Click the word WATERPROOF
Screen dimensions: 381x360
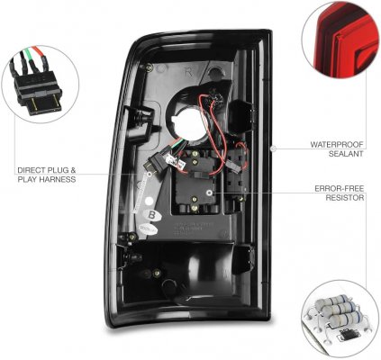point(337,144)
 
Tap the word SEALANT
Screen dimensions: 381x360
point(346,154)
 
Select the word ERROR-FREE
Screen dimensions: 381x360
point(340,189)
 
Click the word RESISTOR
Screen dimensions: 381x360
point(345,198)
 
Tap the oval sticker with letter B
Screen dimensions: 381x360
point(152,214)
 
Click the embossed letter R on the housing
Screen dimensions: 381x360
point(188,71)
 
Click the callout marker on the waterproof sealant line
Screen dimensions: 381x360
point(273,148)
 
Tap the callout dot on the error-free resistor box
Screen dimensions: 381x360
point(211,193)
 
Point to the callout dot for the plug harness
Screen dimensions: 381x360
point(150,174)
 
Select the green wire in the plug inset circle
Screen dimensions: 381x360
point(29,57)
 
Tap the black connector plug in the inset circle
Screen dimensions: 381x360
point(39,89)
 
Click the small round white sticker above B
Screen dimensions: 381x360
point(149,201)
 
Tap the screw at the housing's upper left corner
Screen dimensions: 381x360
point(150,67)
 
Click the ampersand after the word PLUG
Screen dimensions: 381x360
point(73,170)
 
